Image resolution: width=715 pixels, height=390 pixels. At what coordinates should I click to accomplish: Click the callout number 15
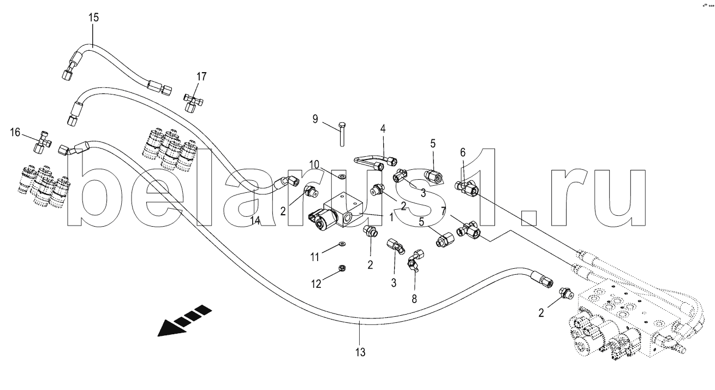94,17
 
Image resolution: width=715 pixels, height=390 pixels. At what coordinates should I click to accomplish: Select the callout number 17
201,76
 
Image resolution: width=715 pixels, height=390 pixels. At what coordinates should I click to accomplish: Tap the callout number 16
15,132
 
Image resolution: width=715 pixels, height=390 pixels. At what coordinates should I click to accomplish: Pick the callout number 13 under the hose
361,352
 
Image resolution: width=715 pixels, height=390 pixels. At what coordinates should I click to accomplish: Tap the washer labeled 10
341,176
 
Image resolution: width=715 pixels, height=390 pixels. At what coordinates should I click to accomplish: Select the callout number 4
383,129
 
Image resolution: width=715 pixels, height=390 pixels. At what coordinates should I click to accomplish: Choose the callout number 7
444,210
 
